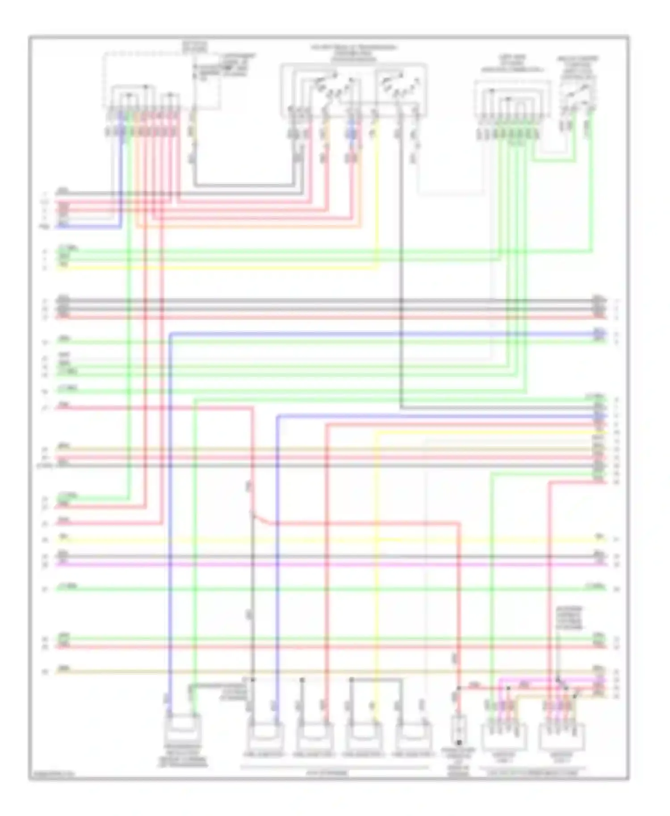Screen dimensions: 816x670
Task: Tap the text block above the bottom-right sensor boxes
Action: tap(569, 618)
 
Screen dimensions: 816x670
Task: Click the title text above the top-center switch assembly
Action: tap(353, 53)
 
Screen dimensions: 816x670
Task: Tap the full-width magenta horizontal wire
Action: tap(331, 565)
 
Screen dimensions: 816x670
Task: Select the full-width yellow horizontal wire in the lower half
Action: tap(331, 540)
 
